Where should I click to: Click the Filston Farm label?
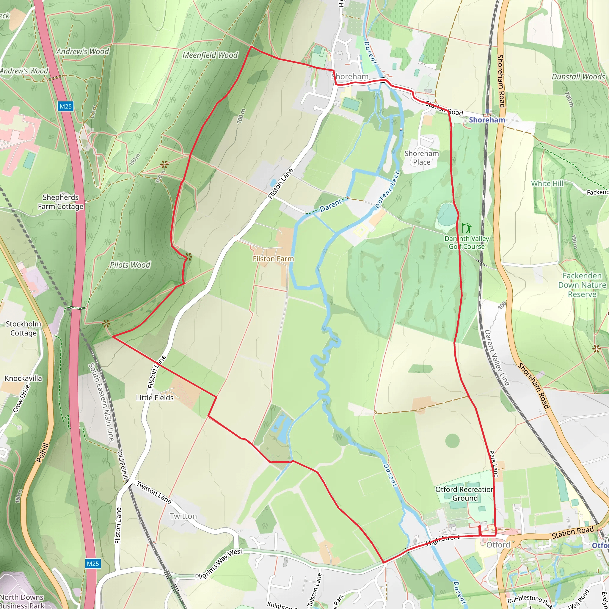click(x=273, y=259)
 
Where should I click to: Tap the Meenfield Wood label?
click(x=210, y=55)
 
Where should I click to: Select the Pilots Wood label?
click(x=130, y=265)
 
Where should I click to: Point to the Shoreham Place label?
click(x=421, y=158)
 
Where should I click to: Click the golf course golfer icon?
click(x=467, y=228)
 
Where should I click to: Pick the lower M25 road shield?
click(x=93, y=564)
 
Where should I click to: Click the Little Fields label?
click(x=155, y=398)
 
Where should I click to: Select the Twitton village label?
click(x=183, y=516)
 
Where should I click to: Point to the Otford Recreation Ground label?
click(x=465, y=494)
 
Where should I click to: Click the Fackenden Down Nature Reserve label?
click(x=582, y=285)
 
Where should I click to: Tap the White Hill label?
click(x=547, y=183)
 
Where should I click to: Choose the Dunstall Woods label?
click(x=578, y=77)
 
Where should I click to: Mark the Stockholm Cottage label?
click(x=23, y=329)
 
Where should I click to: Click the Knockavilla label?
click(x=23, y=378)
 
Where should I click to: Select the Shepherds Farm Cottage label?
click(x=61, y=202)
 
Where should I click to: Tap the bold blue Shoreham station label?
click(x=487, y=120)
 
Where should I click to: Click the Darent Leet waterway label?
click(x=387, y=190)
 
